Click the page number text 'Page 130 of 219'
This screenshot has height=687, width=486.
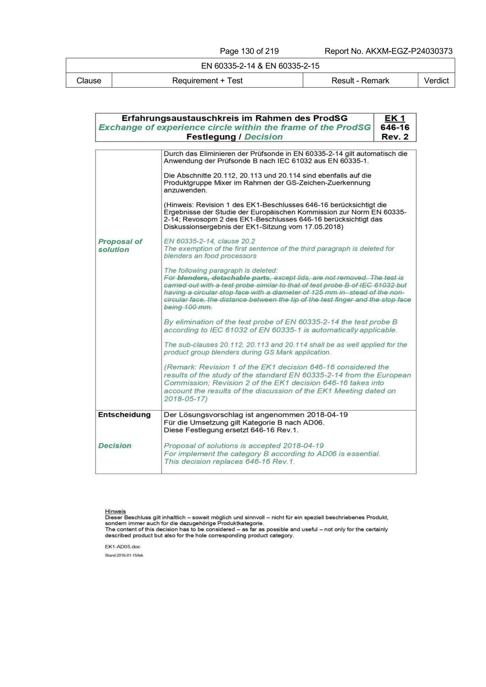point(249,51)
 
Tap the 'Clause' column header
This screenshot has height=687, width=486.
point(89,81)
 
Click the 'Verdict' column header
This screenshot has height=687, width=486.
point(436,81)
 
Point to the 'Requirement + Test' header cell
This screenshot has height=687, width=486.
point(207,81)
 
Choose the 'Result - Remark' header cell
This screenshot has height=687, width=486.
point(360,81)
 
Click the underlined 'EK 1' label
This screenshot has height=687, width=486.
point(394,118)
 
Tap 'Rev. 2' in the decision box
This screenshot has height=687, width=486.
point(395,137)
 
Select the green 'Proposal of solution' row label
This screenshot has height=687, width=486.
point(120,246)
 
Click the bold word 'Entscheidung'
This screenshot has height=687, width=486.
point(124,415)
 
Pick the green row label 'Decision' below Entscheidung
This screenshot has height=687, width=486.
point(114,446)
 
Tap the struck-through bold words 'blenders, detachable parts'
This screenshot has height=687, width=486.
point(223,278)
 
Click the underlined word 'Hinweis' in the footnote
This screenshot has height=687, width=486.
point(115,512)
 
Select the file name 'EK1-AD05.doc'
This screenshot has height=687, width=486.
point(122,547)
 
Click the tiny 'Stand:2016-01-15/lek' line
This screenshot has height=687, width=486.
point(124,555)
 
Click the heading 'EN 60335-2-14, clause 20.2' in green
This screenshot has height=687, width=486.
point(209,241)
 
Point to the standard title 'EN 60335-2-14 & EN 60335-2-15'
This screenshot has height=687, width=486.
point(260,66)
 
